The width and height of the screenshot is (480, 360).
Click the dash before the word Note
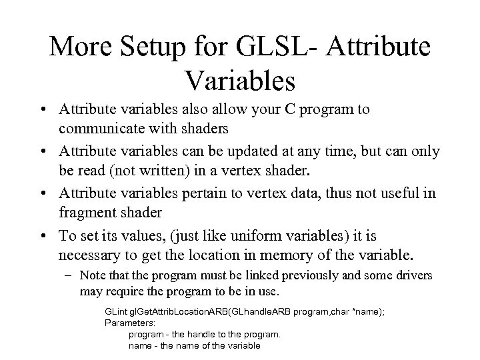[x=70, y=275]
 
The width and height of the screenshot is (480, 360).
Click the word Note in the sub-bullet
[x=91, y=275]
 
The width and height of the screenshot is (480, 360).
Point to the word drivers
[x=411, y=275]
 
